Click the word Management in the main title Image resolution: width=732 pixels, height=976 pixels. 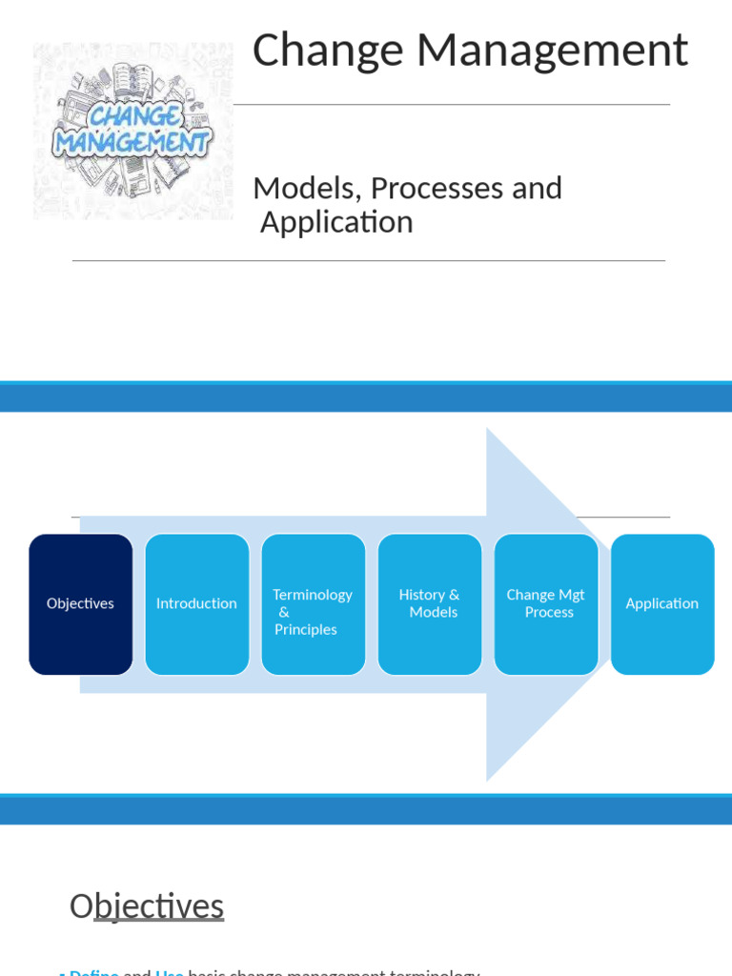point(552,51)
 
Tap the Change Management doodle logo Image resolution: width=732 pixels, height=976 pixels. point(132,131)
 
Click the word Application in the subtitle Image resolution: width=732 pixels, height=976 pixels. point(336,222)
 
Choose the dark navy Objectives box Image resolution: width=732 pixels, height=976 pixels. point(81,604)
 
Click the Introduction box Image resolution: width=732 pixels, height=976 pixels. point(197,604)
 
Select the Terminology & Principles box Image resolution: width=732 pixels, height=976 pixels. point(314,604)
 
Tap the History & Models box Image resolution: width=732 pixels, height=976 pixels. point(430,604)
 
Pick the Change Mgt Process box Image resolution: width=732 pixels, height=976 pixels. point(546,604)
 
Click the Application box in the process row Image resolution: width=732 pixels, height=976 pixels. point(662,604)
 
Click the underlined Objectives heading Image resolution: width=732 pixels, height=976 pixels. point(147,905)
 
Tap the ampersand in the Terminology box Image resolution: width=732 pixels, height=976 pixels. point(284,612)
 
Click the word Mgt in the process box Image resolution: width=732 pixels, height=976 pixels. point(571,595)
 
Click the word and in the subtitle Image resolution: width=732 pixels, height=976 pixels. point(538,188)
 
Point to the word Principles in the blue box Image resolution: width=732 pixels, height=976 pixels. point(306,630)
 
